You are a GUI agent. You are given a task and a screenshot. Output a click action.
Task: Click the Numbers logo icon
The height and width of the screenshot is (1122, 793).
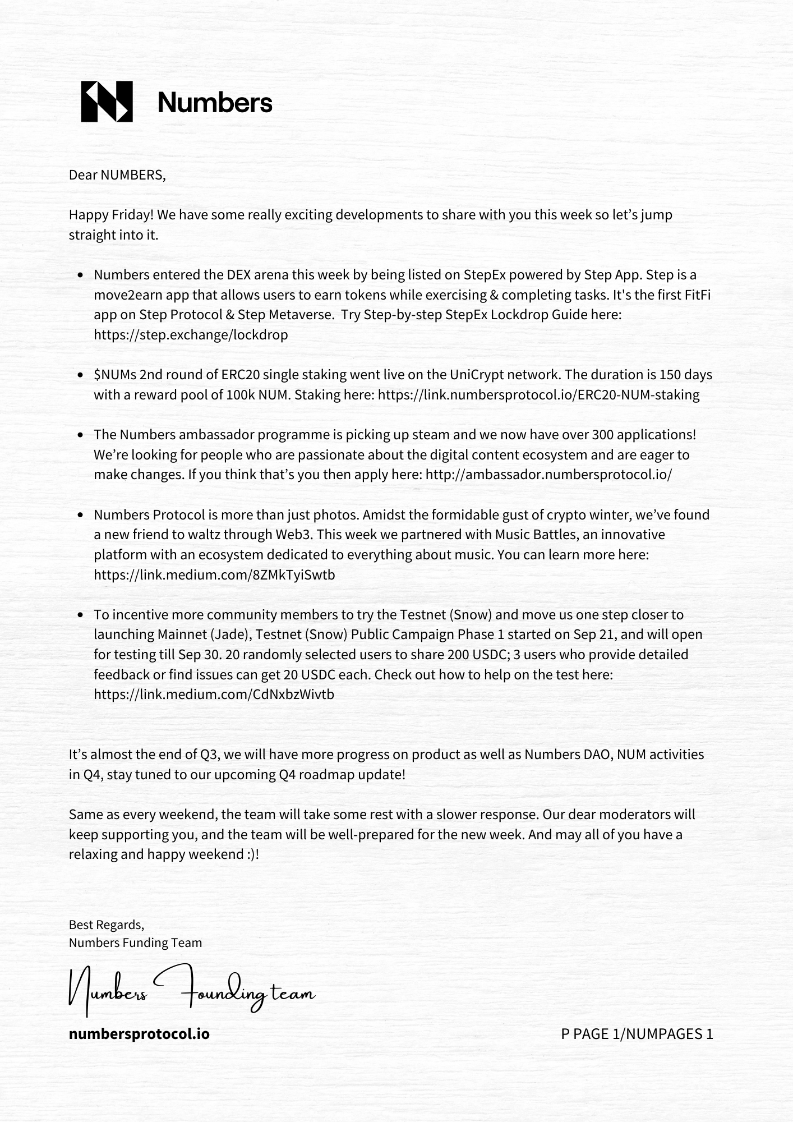107,102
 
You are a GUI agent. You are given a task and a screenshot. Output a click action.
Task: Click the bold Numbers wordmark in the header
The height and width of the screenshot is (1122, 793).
215,103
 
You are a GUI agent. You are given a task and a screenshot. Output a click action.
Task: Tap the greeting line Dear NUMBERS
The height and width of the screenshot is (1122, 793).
117,175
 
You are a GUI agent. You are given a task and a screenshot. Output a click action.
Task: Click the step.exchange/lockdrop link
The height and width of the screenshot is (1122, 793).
191,335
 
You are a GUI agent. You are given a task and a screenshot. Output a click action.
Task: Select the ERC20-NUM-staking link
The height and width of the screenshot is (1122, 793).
538,395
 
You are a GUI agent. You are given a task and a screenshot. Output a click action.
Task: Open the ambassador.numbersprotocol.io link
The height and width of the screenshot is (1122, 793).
548,475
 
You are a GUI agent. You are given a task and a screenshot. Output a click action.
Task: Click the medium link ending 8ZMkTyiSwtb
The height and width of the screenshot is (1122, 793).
214,574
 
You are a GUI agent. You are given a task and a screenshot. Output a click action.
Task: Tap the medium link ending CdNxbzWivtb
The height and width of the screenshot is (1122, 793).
214,695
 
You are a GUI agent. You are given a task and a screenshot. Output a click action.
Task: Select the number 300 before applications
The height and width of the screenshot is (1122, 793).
603,435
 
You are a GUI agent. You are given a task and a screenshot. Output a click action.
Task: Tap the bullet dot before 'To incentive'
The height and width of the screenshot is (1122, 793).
81,615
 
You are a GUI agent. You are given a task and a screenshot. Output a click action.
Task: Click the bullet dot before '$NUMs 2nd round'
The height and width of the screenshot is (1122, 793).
81,375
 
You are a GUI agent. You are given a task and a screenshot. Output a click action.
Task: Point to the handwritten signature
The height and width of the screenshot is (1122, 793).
191,992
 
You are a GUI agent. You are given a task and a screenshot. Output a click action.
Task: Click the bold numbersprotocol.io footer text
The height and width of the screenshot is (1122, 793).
139,1033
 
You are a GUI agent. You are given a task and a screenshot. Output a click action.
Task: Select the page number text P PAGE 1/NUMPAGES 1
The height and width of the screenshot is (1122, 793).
637,1034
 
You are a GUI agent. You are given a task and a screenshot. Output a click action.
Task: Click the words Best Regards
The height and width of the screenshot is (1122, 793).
106,925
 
